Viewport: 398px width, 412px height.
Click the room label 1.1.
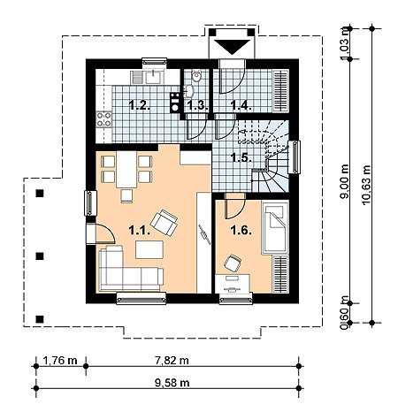click(x=140, y=231)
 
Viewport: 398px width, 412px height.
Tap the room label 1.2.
click(x=140, y=105)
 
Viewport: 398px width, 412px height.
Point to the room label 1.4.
click(x=241, y=105)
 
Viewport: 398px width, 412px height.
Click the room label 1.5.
click(x=241, y=157)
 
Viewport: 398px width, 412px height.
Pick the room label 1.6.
click(x=241, y=231)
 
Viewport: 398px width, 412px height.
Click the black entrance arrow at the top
click(x=232, y=47)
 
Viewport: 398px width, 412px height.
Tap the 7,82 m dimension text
click(x=172, y=360)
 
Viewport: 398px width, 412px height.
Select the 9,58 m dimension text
click(x=172, y=383)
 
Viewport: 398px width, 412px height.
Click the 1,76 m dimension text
click(x=60, y=360)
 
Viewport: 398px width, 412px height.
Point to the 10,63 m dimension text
click(x=366, y=185)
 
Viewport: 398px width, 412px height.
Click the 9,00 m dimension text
click(x=344, y=181)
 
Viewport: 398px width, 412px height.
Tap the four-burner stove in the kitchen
click(x=103, y=119)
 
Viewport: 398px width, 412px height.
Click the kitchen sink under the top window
click(x=147, y=77)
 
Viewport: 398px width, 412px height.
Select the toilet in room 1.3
click(x=196, y=76)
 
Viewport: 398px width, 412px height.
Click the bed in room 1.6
click(x=275, y=226)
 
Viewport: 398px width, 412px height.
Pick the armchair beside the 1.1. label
click(x=164, y=223)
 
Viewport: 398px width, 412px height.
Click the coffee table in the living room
click(x=149, y=249)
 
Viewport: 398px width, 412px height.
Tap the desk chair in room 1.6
click(x=233, y=263)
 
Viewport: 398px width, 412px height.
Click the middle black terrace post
click(x=40, y=256)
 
